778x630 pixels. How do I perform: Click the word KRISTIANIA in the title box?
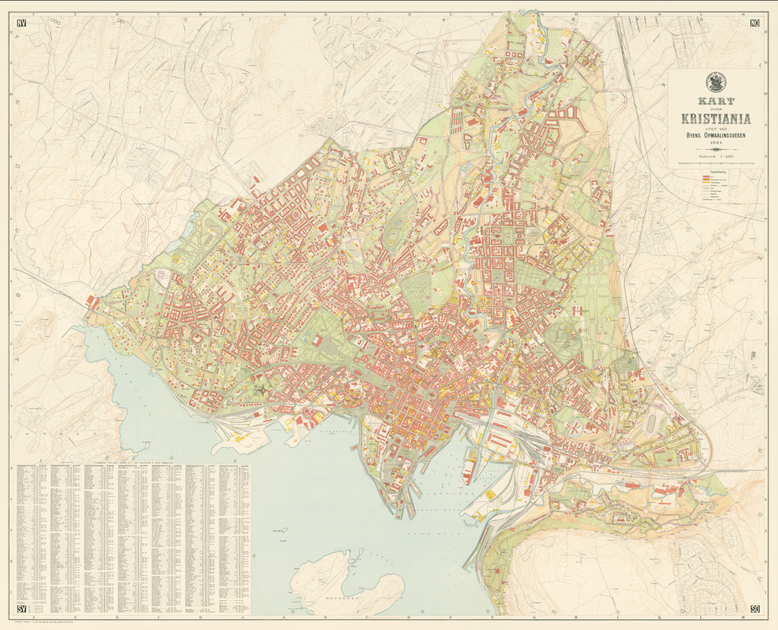point(715,119)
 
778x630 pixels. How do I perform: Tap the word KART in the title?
point(715,101)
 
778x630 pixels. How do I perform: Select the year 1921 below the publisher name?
point(715,143)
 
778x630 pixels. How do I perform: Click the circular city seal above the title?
point(715,82)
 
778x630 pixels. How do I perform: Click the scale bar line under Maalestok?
point(715,163)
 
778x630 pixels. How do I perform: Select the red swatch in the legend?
point(706,178)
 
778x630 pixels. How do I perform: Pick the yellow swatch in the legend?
point(706,186)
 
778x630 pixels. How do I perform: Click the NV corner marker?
point(21,23)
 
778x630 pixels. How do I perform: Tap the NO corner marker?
point(755,23)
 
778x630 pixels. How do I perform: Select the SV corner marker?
point(21,609)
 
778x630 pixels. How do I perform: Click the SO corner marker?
point(755,609)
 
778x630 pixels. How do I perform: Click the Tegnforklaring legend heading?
point(716,171)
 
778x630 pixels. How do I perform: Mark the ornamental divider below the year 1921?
point(715,150)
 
